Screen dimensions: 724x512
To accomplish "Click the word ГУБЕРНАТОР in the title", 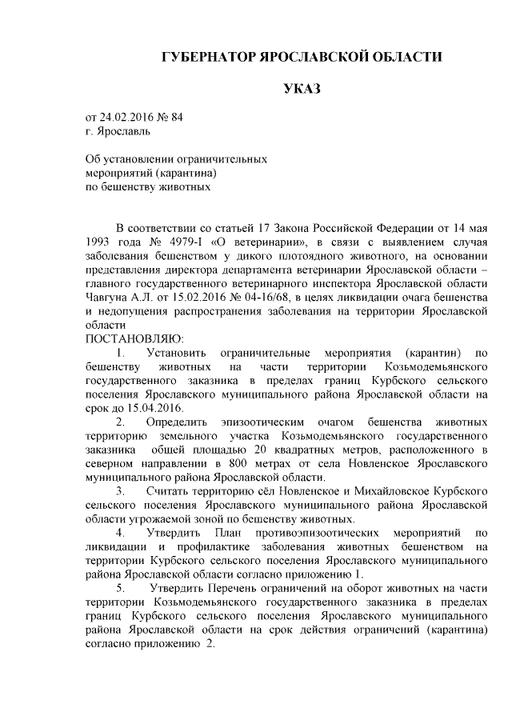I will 207,58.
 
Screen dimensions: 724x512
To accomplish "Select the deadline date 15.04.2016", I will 146,407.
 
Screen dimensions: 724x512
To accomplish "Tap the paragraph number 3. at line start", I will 121,490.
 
